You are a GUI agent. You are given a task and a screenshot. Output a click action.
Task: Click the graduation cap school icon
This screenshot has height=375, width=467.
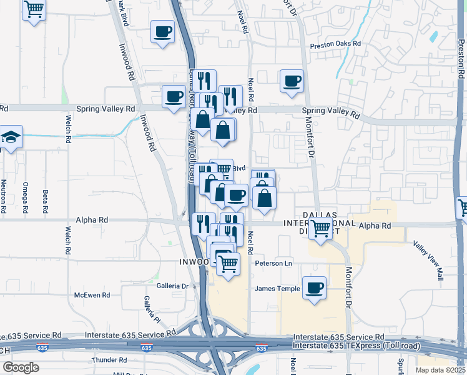click(11, 137)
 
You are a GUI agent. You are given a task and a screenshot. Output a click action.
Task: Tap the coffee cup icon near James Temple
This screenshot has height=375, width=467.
click(314, 287)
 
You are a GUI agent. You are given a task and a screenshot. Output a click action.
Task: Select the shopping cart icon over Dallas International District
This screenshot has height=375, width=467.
click(320, 229)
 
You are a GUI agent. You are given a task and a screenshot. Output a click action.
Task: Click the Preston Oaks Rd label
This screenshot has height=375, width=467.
click(336, 44)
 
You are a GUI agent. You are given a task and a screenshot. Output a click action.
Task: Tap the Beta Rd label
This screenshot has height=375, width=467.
click(45, 200)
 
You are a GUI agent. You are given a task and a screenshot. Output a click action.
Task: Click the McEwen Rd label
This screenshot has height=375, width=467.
click(92, 295)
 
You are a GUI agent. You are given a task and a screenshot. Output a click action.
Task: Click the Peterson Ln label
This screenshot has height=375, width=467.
click(273, 264)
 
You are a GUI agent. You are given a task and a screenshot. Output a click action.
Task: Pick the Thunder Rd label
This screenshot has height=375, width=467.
click(109, 360)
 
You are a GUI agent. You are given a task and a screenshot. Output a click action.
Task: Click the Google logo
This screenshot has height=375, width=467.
click(21, 367)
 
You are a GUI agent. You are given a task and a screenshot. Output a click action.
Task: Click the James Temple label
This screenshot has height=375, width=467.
click(277, 288)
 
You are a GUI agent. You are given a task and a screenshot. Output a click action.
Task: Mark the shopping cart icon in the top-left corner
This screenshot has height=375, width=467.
click(34, 9)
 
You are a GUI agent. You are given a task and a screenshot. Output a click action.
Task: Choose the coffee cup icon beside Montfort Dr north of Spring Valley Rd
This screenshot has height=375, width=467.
click(292, 81)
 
